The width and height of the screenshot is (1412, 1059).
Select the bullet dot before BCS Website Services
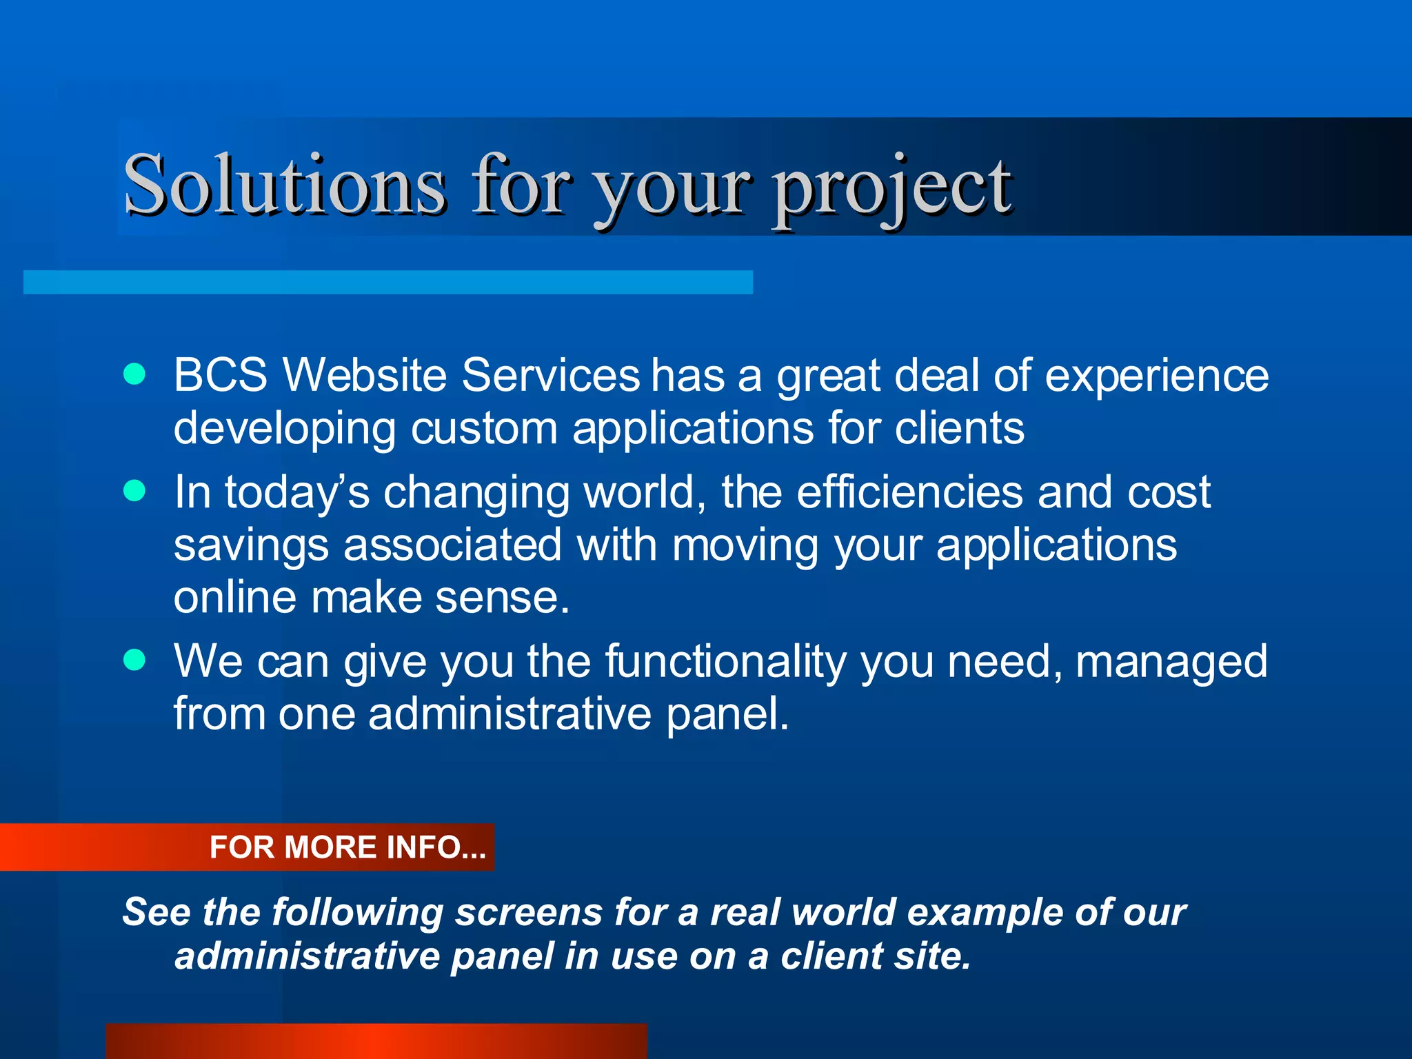[x=134, y=374]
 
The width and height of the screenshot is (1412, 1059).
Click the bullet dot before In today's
[x=134, y=491]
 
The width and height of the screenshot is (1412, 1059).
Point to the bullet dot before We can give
[x=134, y=660]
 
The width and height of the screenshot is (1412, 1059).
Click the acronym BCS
[x=220, y=375]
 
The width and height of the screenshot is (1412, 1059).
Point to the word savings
[x=251, y=546]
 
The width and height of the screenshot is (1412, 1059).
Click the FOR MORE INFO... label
[x=347, y=847]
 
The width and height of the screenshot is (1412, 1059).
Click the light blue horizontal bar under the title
[x=387, y=282]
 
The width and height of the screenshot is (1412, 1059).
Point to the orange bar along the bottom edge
[x=376, y=1041]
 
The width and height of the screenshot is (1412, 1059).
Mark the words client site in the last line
[x=876, y=956]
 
